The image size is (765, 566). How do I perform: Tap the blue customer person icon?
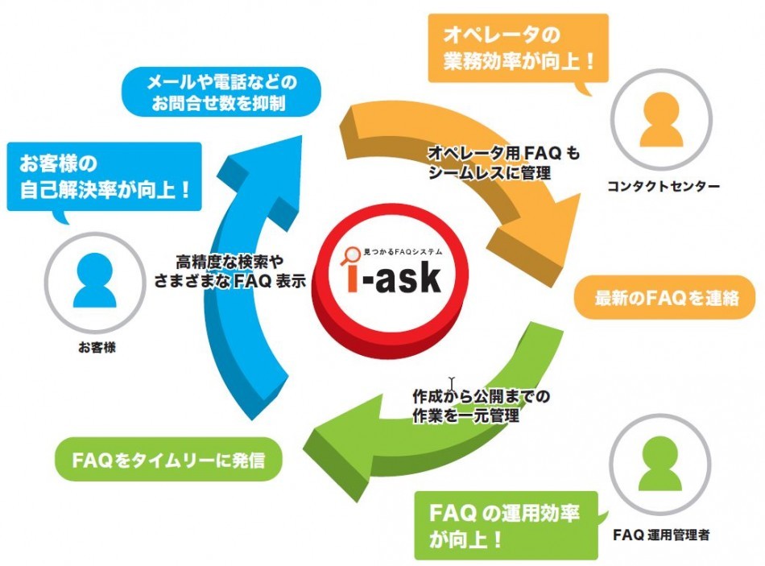point(95,281)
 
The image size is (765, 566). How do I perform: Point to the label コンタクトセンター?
point(663,187)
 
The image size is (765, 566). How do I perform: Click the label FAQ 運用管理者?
point(661,533)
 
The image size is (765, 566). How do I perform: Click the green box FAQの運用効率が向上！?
point(506,524)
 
